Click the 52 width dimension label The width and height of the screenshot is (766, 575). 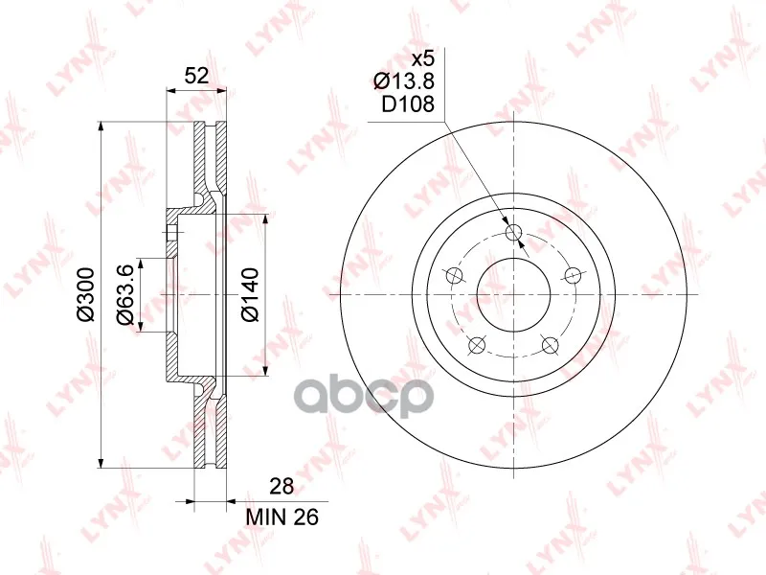(197, 76)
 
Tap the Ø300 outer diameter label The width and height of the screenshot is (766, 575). (85, 295)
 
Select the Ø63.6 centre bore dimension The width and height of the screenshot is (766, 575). (124, 294)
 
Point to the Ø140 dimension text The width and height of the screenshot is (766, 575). (250, 295)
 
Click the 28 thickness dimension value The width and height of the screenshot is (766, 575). (282, 486)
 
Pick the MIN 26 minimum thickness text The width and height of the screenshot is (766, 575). (282, 517)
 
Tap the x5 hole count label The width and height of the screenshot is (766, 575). (422, 59)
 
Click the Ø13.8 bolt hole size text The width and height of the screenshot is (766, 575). (404, 81)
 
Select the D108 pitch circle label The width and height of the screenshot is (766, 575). (408, 103)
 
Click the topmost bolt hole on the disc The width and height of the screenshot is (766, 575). (514, 232)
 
